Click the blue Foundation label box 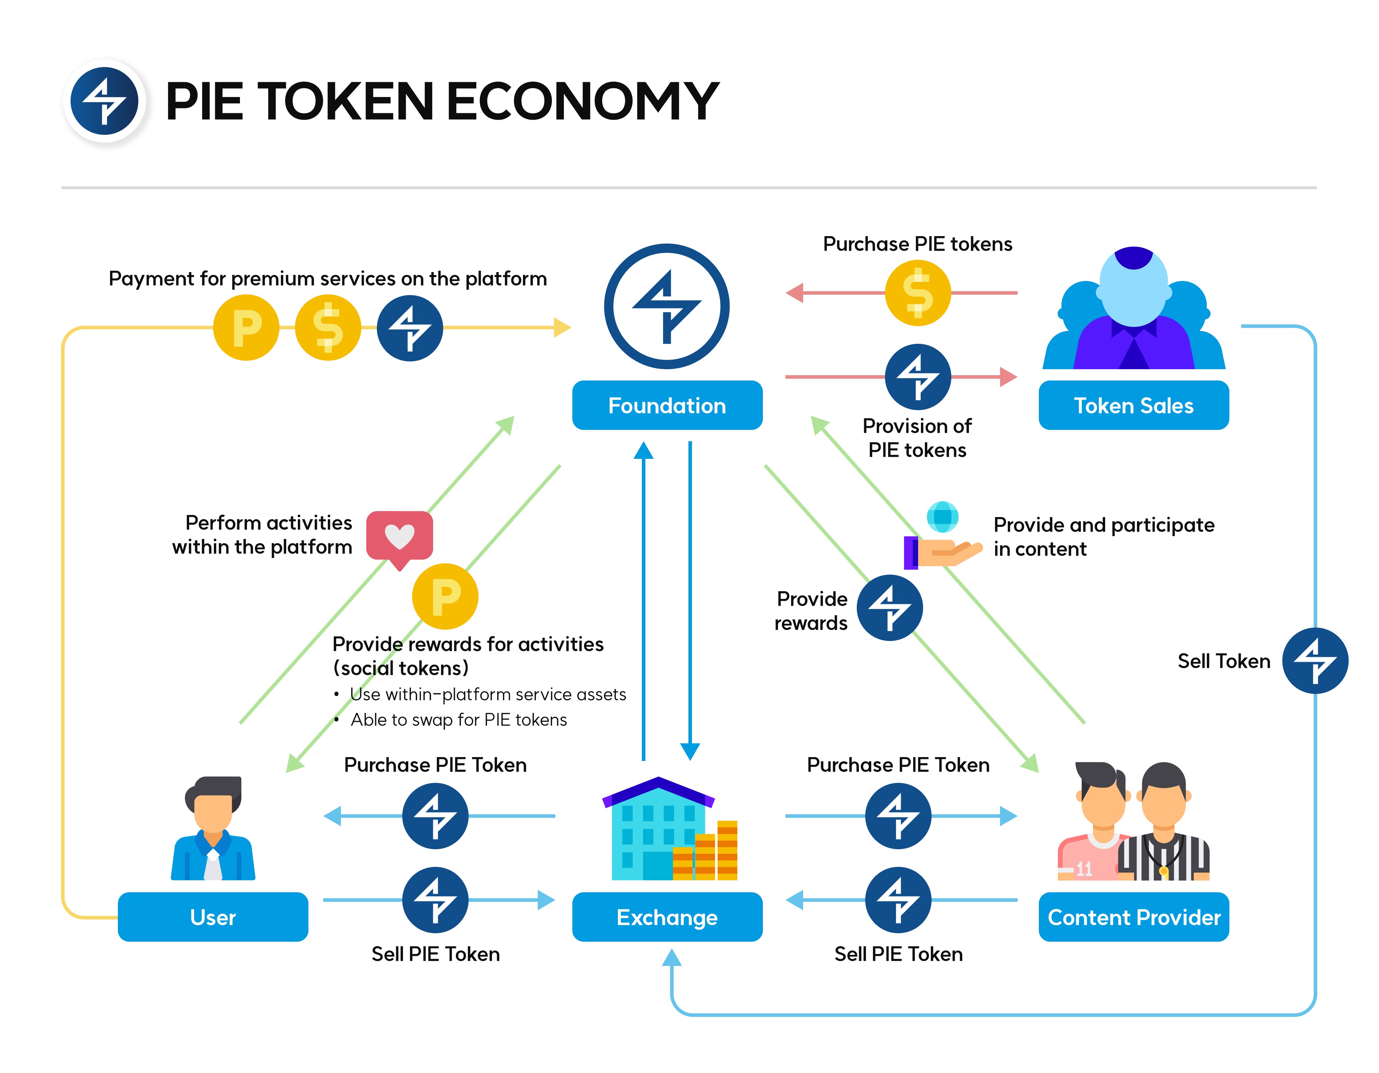pyautogui.click(x=667, y=406)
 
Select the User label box pyautogui.click(x=213, y=917)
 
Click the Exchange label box pyautogui.click(x=667, y=917)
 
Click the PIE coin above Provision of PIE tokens pyautogui.click(x=917, y=377)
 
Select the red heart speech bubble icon pyautogui.click(x=400, y=537)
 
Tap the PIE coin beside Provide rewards pyautogui.click(x=890, y=607)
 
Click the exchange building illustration pyautogui.click(x=669, y=831)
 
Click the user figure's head pyautogui.click(x=213, y=805)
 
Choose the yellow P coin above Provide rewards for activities pyautogui.click(x=445, y=596)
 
